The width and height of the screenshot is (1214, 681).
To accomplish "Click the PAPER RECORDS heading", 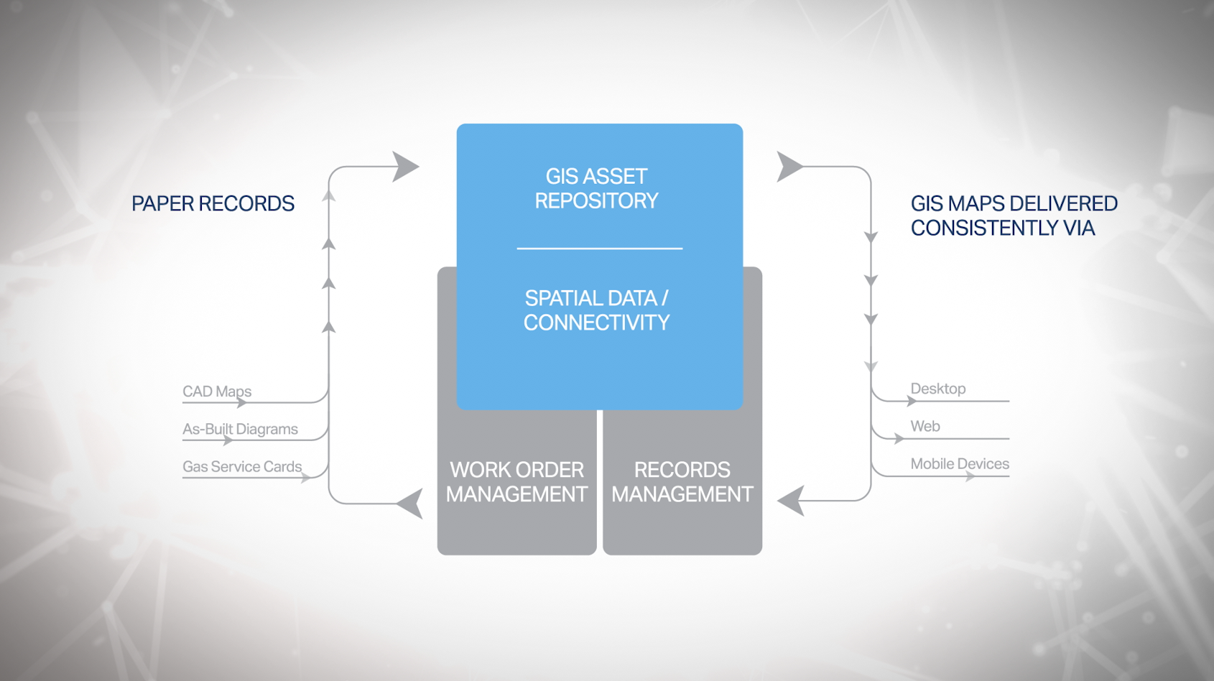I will tap(213, 204).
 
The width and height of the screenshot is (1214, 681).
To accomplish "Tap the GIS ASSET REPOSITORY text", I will tap(596, 188).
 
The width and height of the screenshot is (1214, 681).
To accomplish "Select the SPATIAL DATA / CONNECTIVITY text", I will tap(596, 310).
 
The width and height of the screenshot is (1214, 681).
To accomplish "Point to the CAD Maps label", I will tap(217, 392).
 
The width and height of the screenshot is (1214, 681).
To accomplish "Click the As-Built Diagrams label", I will tap(240, 429).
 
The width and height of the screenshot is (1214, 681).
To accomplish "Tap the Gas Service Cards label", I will tap(242, 466).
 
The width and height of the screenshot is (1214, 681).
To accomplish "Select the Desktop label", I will tap(937, 389).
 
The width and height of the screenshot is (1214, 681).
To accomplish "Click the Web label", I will tap(925, 426).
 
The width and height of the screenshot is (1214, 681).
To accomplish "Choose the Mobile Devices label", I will tap(960, 464).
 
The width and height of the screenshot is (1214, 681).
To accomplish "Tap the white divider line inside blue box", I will tap(599, 249).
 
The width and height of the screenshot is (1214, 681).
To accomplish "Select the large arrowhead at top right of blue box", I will tap(789, 167).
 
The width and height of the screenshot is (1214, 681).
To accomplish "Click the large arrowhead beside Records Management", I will tap(792, 500).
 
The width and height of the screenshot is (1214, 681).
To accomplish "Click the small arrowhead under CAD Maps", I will tap(242, 403).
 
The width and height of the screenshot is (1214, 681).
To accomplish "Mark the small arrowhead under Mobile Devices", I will tap(970, 476).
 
